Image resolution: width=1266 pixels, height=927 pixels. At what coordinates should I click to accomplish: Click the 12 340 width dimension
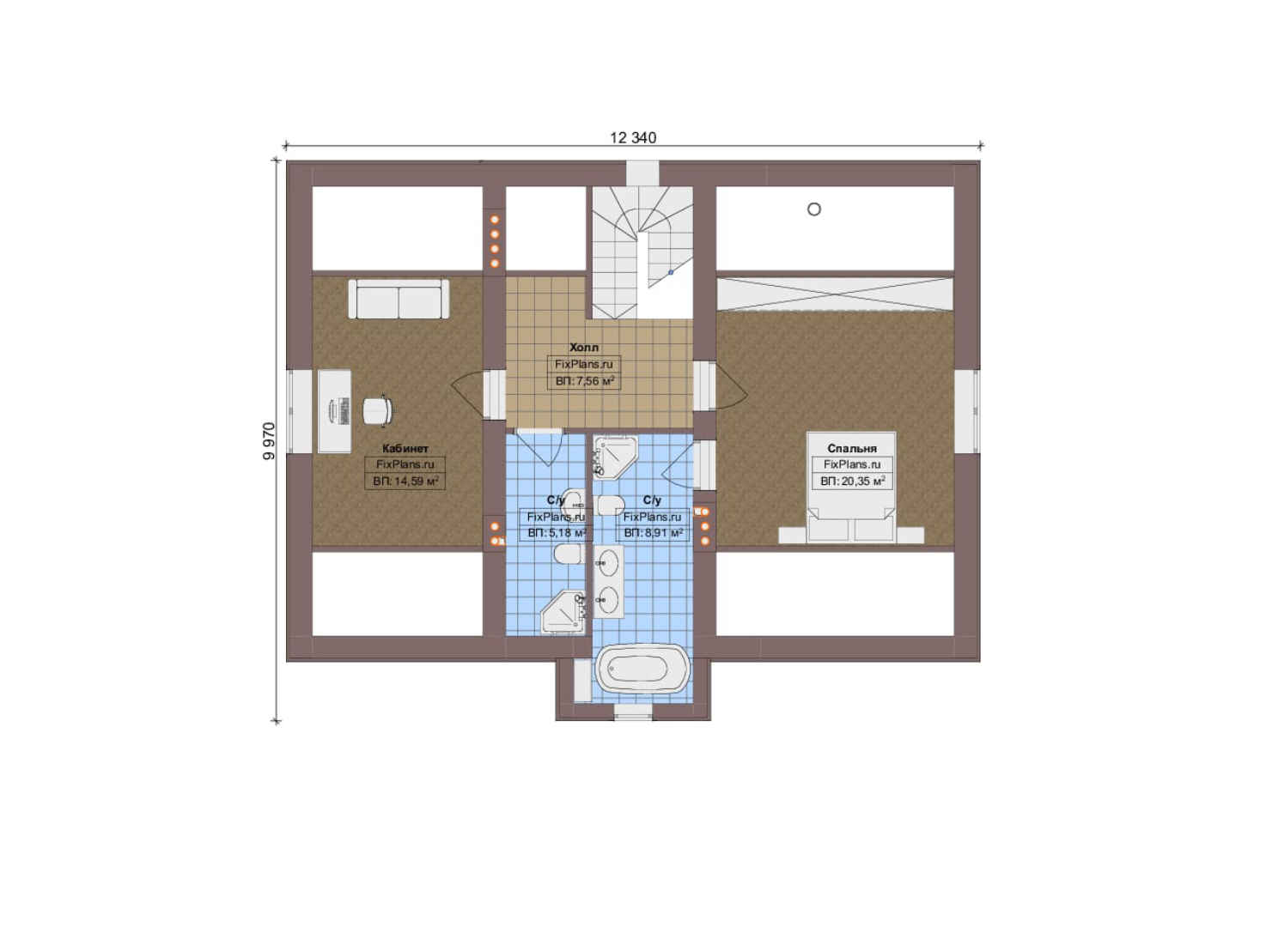click(633, 138)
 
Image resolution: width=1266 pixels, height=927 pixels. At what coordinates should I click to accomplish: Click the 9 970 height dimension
click(269, 441)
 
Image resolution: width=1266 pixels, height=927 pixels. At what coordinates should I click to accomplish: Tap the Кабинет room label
click(405, 449)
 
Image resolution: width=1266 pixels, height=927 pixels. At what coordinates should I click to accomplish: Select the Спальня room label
click(852, 449)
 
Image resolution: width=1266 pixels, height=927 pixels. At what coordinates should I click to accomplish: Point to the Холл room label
click(584, 348)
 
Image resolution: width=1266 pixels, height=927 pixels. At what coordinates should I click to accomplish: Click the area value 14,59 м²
click(405, 482)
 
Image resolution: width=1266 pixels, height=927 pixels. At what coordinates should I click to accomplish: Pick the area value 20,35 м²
click(852, 482)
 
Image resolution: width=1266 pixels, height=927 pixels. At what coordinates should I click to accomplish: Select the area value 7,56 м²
click(584, 381)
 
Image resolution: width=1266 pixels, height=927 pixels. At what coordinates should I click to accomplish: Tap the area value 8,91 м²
click(653, 533)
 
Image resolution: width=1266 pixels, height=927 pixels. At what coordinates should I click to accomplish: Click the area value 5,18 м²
click(557, 533)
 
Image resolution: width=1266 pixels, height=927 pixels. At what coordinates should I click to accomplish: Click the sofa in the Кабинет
click(399, 299)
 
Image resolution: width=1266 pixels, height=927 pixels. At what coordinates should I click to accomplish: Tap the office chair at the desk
click(377, 410)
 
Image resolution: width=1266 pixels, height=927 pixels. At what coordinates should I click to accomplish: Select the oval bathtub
click(644, 670)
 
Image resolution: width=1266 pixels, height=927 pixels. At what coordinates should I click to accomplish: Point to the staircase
click(642, 252)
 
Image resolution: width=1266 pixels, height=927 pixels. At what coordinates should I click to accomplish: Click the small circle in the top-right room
click(814, 209)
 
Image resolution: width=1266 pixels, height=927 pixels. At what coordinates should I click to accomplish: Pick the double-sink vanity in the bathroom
click(608, 582)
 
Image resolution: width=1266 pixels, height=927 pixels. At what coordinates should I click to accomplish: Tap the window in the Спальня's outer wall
click(967, 412)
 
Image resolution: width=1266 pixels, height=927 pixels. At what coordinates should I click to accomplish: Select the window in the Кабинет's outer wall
click(299, 411)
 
